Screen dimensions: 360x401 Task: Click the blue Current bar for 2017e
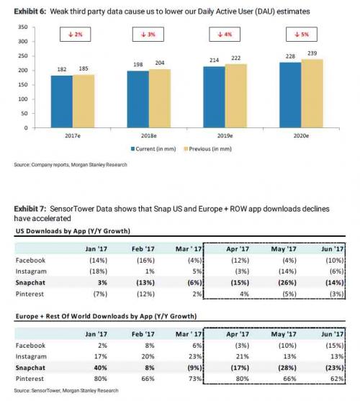(x=62, y=102)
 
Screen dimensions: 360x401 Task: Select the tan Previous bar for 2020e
(x=312, y=94)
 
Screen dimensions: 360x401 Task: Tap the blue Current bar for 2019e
(x=215, y=97)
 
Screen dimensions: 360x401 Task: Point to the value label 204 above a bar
(x=160, y=63)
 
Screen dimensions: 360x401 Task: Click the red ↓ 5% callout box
(x=302, y=35)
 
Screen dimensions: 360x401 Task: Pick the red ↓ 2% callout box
(x=75, y=35)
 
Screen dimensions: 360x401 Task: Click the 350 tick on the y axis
(x=23, y=27)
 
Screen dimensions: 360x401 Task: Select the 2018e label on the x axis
(x=149, y=136)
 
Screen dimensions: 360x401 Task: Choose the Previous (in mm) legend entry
(x=208, y=149)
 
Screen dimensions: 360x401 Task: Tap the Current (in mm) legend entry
(x=153, y=149)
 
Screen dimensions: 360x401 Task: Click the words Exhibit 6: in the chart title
(x=30, y=12)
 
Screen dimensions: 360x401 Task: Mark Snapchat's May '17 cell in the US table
(x=287, y=283)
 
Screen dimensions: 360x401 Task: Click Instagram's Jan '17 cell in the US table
(x=98, y=271)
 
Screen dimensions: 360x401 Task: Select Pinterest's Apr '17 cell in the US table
(x=244, y=294)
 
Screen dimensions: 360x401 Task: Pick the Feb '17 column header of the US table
(x=143, y=249)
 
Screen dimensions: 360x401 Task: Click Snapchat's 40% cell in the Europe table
(x=101, y=368)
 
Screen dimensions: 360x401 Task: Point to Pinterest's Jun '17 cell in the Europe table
(x=337, y=379)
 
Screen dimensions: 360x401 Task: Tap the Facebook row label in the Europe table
(x=30, y=346)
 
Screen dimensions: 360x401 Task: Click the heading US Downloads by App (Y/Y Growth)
(x=73, y=231)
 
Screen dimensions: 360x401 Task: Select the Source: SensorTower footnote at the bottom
(x=66, y=390)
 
